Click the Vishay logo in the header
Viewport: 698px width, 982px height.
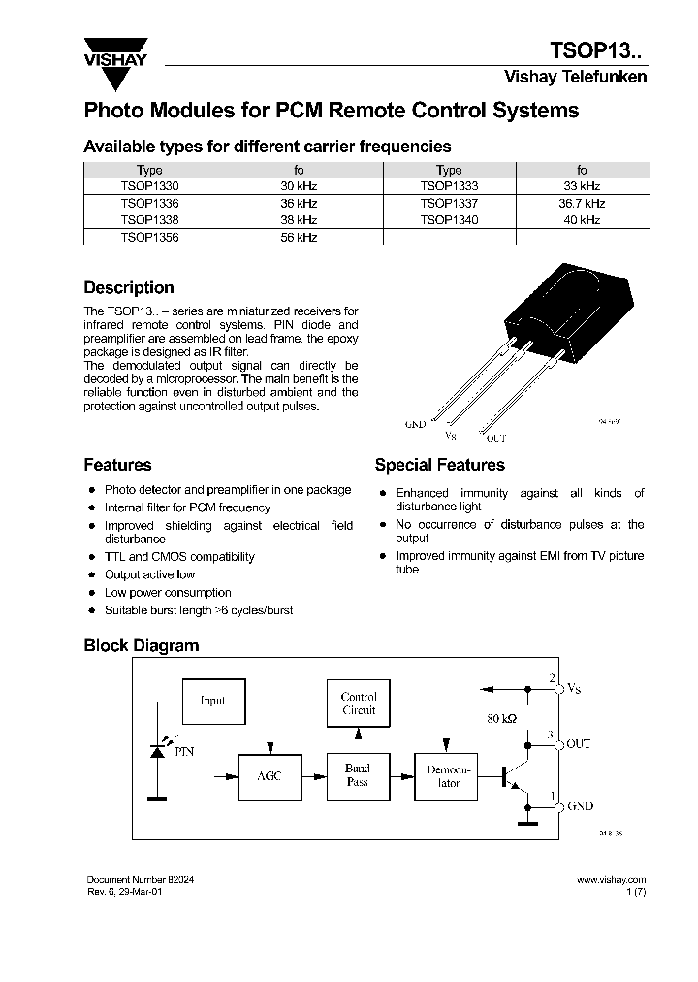tap(114, 51)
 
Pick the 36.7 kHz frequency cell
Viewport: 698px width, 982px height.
tap(581, 204)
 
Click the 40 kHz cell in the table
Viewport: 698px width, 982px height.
tap(581, 220)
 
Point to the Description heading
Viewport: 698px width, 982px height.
tap(129, 288)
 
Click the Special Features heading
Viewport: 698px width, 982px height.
tap(439, 465)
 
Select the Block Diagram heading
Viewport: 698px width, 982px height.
tap(141, 645)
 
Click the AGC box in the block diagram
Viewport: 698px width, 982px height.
tap(269, 776)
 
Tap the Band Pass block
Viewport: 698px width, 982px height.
tap(358, 775)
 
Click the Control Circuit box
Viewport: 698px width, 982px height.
tap(358, 704)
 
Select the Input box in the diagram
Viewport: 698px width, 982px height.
tap(212, 700)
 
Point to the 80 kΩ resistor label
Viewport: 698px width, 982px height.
tap(503, 720)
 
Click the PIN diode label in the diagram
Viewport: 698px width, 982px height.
tap(183, 751)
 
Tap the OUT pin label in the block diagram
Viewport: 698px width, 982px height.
tap(578, 743)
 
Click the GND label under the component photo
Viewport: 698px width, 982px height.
tap(415, 425)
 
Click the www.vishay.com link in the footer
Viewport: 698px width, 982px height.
tap(611, 878)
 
